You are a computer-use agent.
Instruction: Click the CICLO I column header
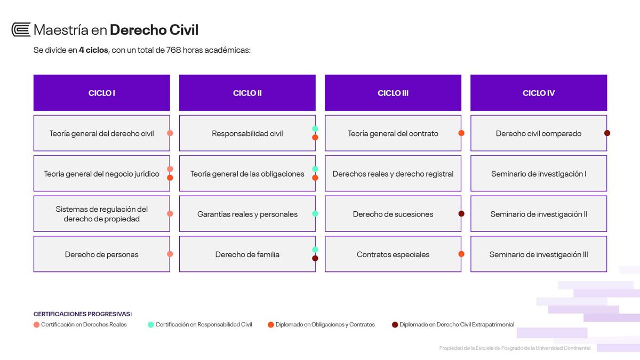(102, 93)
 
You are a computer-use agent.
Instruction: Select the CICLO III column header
(393, 93)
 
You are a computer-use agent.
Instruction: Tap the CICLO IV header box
(539, 93)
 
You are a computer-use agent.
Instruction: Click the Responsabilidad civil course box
(247, 133)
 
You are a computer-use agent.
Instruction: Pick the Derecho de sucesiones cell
(393, 214)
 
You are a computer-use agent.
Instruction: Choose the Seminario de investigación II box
(539, 214)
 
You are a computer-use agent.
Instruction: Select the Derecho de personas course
(102, 254)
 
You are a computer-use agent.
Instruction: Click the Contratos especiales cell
(393, 254)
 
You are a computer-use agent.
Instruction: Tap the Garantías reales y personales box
(247, 214)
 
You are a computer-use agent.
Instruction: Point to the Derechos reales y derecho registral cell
(393, 173)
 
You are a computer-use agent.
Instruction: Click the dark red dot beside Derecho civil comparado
(607, 133)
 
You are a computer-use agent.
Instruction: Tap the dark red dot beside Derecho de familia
(315, 258)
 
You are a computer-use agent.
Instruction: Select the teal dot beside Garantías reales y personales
(315, 214)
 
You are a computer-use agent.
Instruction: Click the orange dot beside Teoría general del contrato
(461, 133)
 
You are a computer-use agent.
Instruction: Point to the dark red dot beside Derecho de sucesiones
(461, 214)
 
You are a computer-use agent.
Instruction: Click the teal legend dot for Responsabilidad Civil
(151, 325)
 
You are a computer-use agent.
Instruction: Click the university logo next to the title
(21, 29)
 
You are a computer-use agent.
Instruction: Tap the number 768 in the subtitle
(173, 50)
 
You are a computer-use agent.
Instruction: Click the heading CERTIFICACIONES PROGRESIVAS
(83, 314)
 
